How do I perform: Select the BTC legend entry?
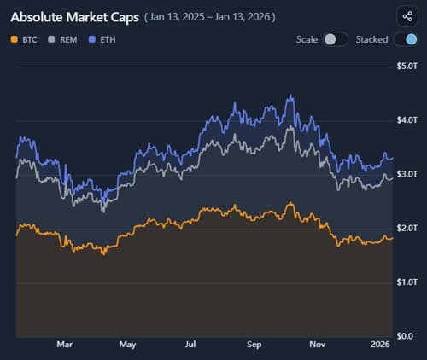pyautogui.click(x=26, y=39)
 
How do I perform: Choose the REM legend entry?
pyautogui.click(x=66, y=39)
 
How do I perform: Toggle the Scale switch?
pyautogui.click(x=336, y=39)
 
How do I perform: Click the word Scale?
pyautogui.click(x=307, y=39)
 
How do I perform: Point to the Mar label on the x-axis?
pyautogui.click(x=64, y=345)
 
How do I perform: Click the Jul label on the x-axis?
pyautogui.click(x=191, y=345)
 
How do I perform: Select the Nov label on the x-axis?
pyautogui.click(x=318, y=345)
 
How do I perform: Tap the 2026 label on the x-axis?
pyautogui.click(x=380, y=345)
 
